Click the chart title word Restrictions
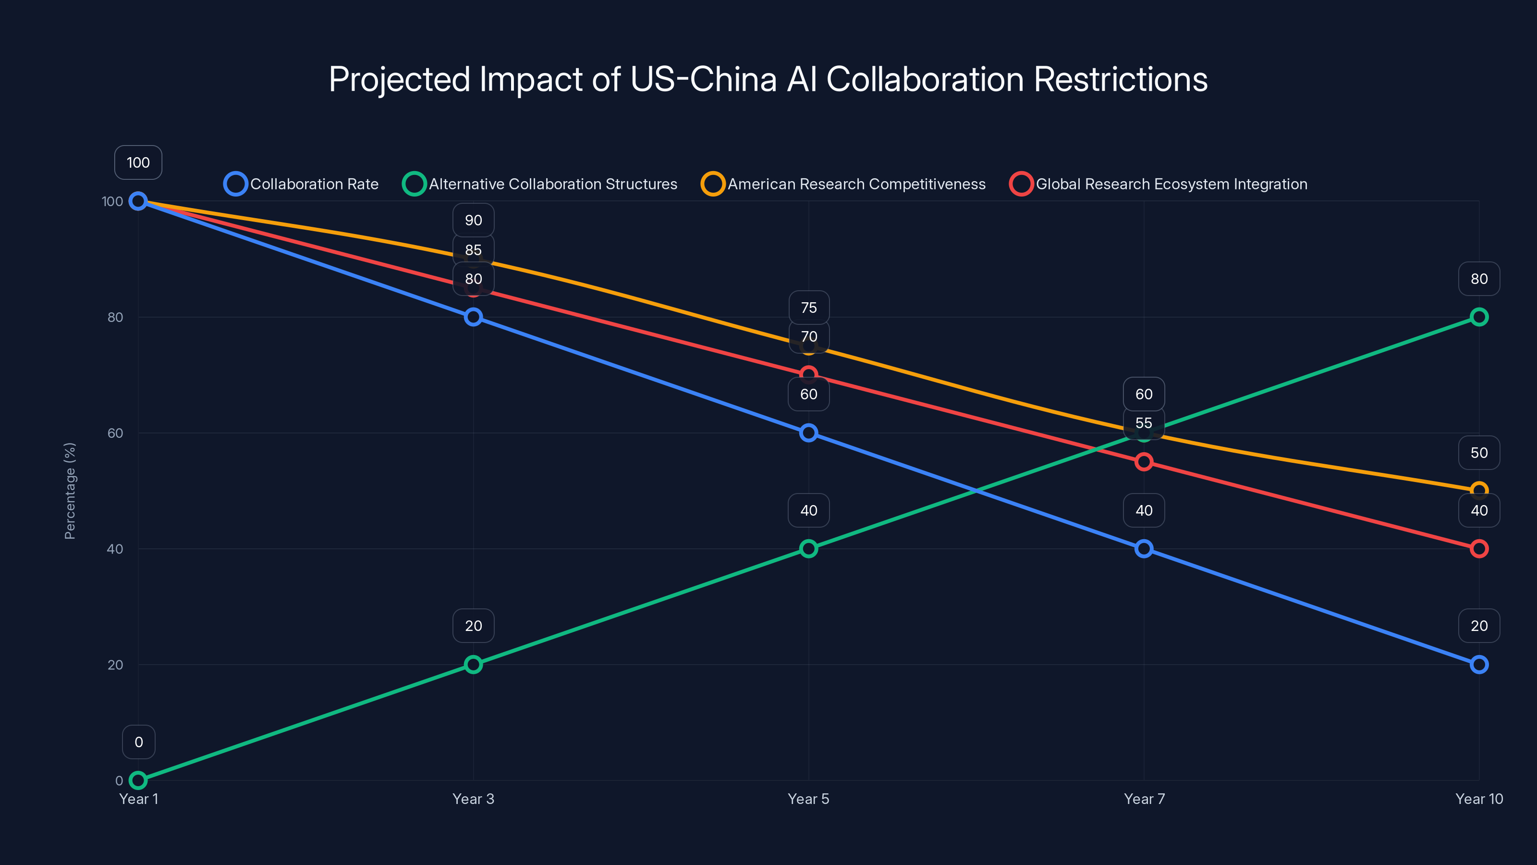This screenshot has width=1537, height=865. [x=1120, y=79]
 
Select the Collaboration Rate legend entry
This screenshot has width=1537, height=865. [x=302, y=184]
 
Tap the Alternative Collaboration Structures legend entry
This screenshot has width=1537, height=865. [x=540, y=184]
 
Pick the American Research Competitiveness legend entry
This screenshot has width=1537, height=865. [x=844, y=184]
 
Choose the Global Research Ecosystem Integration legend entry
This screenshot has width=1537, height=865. [x=1159, y=184]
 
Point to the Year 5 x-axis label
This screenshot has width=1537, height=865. [x=808, y=799]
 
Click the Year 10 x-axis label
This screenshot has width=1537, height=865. [x=1478, y=799]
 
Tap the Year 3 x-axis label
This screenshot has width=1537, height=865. [x=473, y=799]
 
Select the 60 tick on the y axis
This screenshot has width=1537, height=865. [x=115, y=433]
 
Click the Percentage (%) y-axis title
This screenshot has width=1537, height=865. [x=70, y=491]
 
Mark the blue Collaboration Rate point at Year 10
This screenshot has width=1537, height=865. [x=1478, y=665]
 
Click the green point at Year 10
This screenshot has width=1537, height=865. [x=1478, y=317]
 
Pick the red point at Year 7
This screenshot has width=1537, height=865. [x=1144, y=461]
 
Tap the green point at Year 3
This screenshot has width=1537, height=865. [x=473, y=665]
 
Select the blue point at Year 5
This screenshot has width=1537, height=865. [x=808, y=433]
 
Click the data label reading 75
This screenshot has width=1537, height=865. [x=808, y=308]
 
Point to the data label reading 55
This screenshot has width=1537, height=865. [x=1144, y=423]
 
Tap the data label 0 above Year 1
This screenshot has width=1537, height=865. [x=138, y=742]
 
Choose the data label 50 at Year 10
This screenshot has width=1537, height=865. [x=1478, y=453]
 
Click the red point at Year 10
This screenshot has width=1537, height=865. [x=1478, y=549]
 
